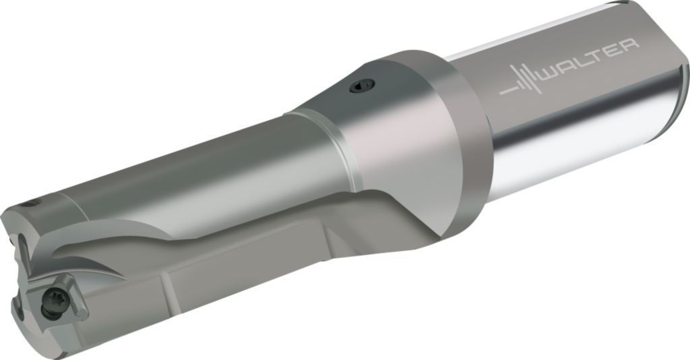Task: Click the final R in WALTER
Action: pyautogui.click(x=628, y=47)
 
